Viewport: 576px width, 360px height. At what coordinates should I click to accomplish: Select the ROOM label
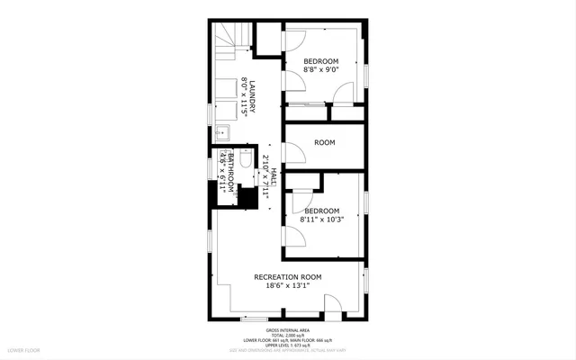pyautogui.click(x=325, y=142)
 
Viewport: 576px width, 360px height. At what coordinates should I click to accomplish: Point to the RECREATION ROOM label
pyautogui.click(x=288, y=277)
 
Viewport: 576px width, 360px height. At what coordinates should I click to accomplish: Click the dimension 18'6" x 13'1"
pyautogui.click(x=288, y=287)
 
